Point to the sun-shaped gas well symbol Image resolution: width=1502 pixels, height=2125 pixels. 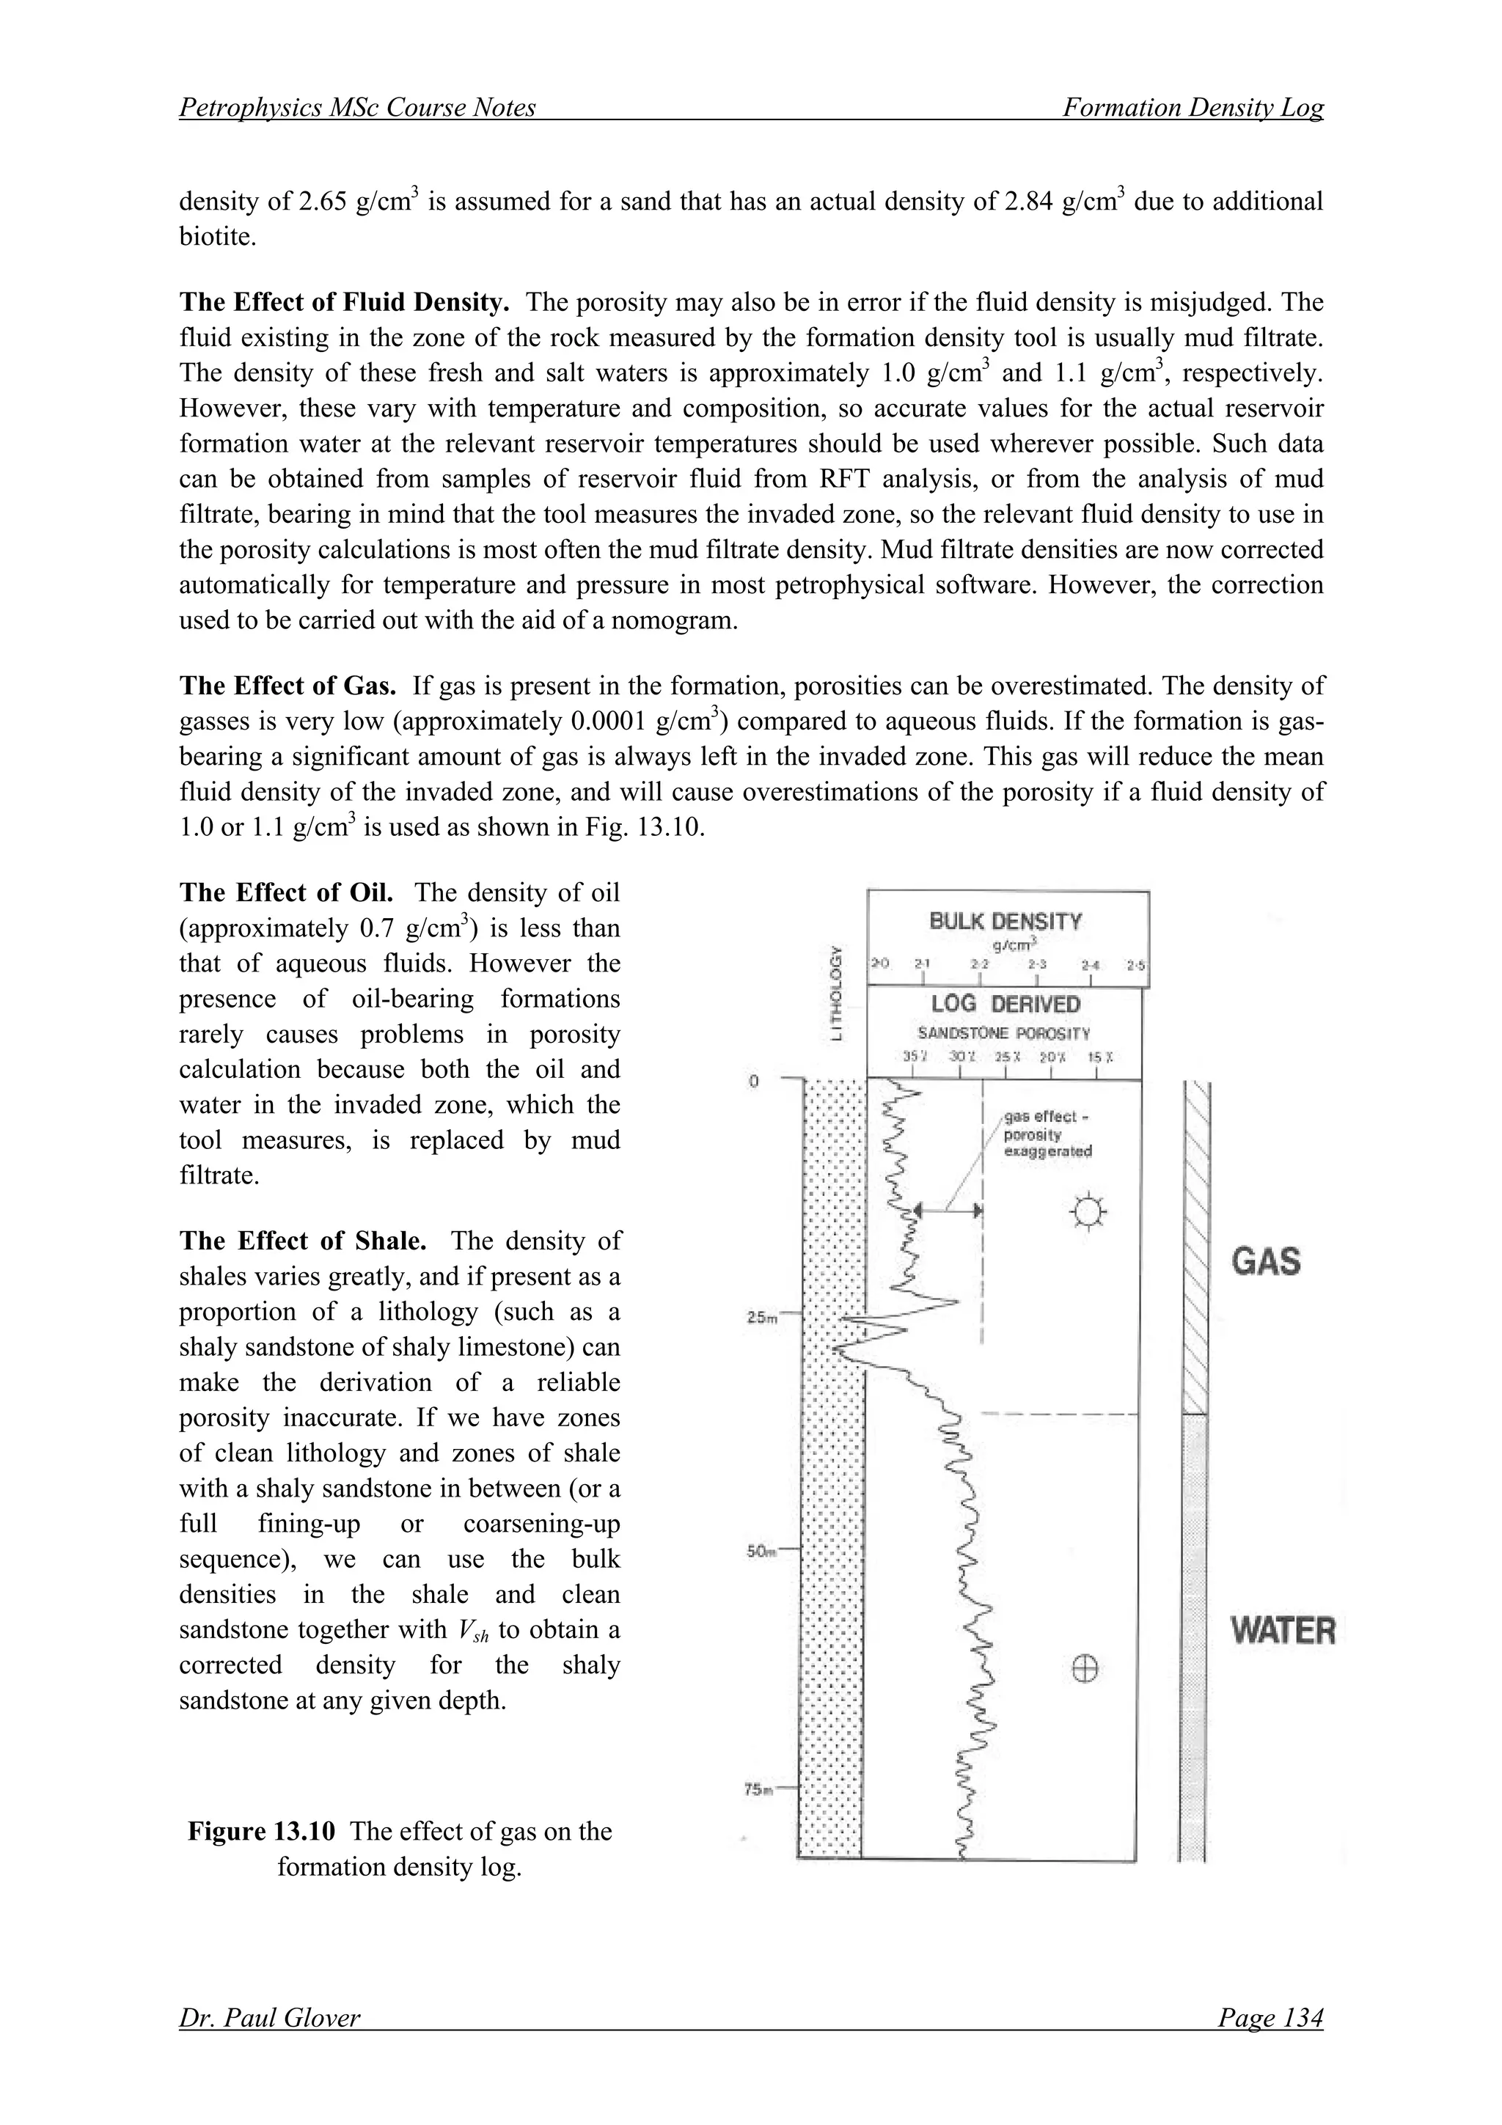coord(1088,1211)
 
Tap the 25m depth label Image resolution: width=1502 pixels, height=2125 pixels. coord(762,1318)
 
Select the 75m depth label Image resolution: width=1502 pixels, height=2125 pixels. coord(761,1790)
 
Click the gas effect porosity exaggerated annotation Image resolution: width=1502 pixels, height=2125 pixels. coord(1047,1134)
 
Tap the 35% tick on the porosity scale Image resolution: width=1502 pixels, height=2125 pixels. coord(915,1058)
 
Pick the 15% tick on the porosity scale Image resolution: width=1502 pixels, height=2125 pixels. coord(1099,1058)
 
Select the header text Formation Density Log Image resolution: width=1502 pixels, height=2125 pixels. coord(1192,109)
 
